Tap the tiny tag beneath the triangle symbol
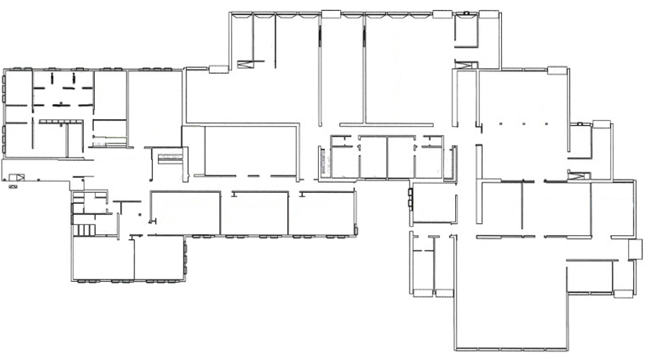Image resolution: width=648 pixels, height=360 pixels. (x=13, y=188)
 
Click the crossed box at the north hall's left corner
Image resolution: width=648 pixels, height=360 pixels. (x=246, y=63)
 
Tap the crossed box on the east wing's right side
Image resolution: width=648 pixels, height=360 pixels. (x=579, y=175)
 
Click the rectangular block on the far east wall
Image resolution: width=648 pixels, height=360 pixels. (x=635, y=249)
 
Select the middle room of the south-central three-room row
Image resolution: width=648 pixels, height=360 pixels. (x=254, y=213)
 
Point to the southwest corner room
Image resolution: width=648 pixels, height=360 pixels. (x=102, y=258)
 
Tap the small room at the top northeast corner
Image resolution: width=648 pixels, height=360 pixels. (x=465, y=29)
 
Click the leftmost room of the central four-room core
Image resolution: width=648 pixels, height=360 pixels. (x=343, y=158)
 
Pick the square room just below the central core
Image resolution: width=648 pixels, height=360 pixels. (x=434, y=203)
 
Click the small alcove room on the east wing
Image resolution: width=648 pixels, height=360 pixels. (x=579, y=140)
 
